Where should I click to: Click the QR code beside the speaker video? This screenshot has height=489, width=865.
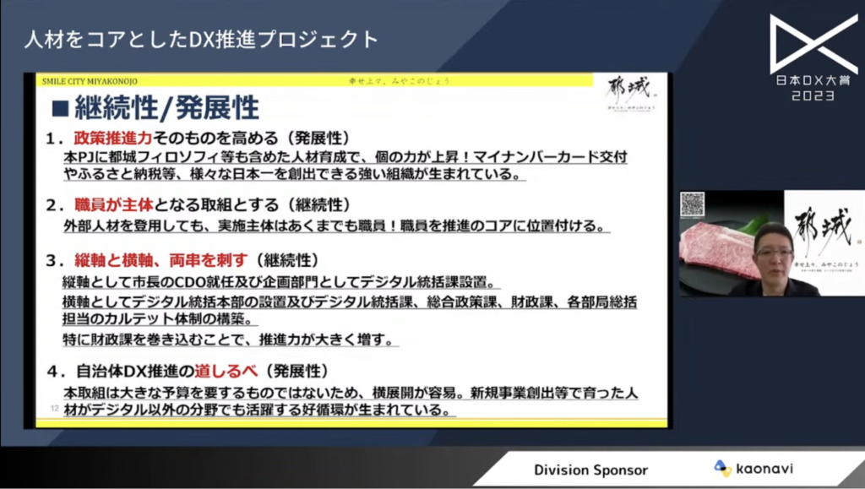coord(693,204)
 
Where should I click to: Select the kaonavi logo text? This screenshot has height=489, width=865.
coord(764,469)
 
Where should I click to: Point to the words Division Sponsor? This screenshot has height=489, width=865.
coord(590,470)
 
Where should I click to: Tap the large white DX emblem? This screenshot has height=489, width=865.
coord(813,43)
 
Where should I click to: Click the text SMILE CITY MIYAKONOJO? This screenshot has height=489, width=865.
coord(90,81)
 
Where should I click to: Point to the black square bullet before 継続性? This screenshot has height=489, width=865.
coord(60,108)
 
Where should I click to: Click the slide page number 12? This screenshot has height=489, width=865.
coord(54,409)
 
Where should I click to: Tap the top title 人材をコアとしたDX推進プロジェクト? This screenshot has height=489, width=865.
coord(201,39)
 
